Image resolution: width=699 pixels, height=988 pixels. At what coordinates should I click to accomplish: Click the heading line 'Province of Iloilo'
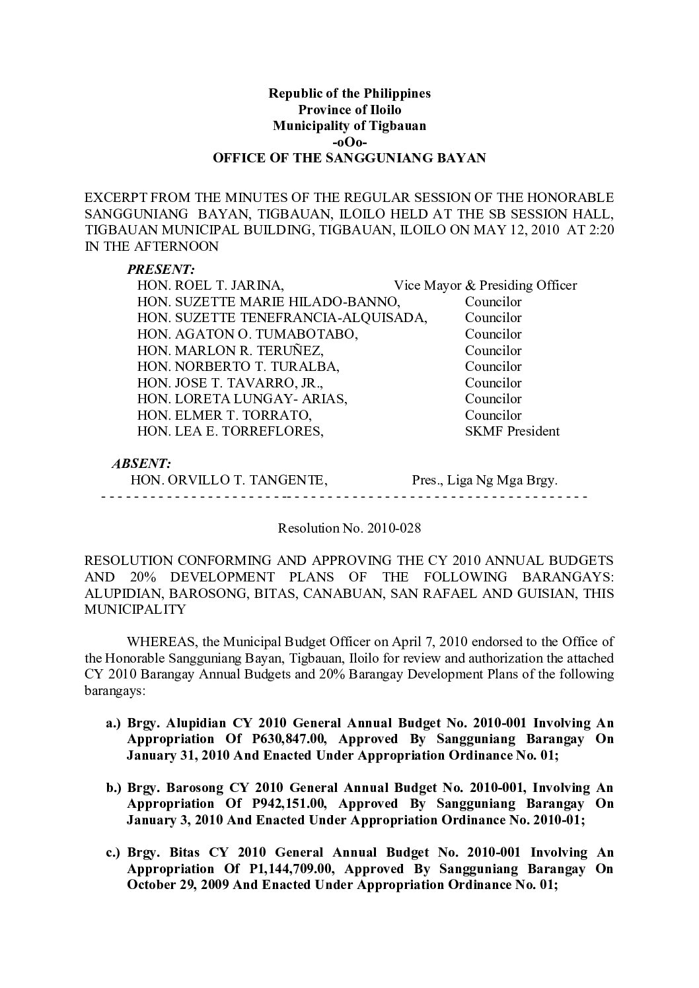(349, 110)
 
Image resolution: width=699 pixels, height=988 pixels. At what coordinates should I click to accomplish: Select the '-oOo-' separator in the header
(349, 142)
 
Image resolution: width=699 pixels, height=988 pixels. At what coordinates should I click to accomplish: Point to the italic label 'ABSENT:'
(141, 464)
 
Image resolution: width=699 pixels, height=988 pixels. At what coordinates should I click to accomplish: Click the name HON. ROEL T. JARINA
(211, 286)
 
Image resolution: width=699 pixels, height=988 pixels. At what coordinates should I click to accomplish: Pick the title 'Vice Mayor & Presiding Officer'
(486, 286)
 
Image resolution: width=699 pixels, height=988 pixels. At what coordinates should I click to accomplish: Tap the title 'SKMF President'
(512, 432)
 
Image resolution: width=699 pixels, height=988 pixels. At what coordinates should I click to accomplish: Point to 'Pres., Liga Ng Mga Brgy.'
(485, 480)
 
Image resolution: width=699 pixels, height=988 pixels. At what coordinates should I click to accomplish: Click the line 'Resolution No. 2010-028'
(349, 529)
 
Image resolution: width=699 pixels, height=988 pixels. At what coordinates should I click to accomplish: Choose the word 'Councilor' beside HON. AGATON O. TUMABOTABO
(493, 335)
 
